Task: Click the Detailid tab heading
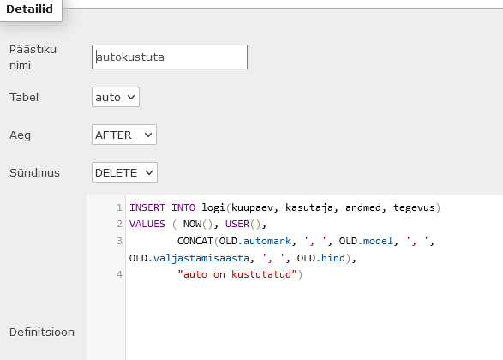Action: point(29,9)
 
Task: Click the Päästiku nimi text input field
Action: point(170,57)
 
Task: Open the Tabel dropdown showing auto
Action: point(116,97)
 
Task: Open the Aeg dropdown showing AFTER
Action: point(124,135)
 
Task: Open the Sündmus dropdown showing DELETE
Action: point(124,172)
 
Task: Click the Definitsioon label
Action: point(42,332)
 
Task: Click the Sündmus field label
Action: point(34,172)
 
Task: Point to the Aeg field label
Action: point(20,135)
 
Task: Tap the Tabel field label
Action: point(24,97)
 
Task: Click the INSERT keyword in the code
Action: point(147,207)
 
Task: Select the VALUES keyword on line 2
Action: point(147,224)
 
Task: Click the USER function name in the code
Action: point(237,224)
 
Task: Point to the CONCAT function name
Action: point(195,241)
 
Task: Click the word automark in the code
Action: point(267,241)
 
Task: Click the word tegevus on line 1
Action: point(414,207)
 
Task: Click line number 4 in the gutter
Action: point(119,274)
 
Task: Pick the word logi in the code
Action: point(213,207)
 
